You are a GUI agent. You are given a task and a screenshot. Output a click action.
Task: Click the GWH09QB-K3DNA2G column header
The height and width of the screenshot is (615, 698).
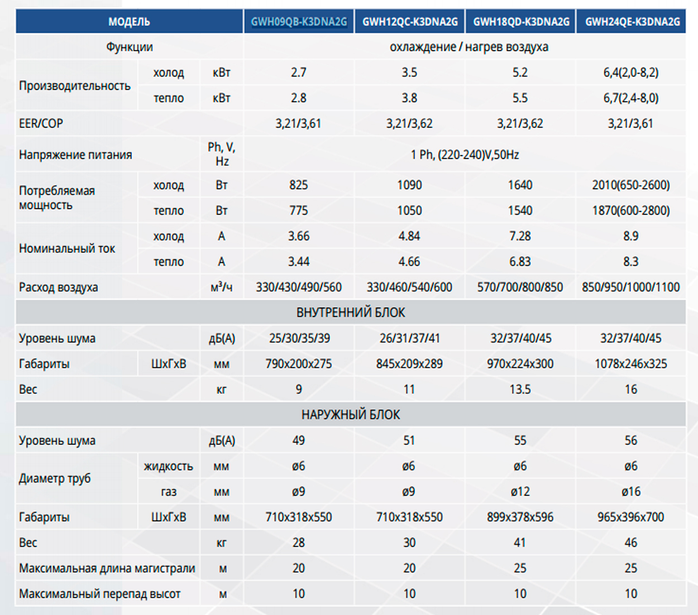point(299,22)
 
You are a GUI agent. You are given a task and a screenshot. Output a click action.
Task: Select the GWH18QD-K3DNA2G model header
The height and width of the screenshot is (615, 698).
point(521,22)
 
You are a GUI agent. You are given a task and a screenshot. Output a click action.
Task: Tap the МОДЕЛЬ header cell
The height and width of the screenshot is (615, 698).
point(129,22)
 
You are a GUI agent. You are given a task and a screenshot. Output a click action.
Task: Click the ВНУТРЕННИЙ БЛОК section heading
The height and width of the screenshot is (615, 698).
point(351,313)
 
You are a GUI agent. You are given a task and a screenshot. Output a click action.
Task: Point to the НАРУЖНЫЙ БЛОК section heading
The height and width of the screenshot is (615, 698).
point(351,415)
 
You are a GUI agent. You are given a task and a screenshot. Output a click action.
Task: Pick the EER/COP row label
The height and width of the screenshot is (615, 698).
point(41,123)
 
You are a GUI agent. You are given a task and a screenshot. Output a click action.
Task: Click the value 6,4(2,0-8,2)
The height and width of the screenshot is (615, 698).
point(630,73)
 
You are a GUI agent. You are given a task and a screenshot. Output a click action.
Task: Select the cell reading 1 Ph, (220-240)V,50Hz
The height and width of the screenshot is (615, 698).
point(465,155)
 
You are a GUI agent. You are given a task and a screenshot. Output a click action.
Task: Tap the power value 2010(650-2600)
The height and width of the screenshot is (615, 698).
point(630,185)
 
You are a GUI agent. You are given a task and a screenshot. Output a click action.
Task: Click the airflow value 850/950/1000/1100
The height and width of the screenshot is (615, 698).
point(630,287)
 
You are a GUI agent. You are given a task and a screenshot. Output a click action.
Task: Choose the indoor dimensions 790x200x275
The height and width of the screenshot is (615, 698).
point(299,364)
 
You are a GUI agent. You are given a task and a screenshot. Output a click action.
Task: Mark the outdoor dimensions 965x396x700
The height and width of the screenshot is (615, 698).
point(630,517)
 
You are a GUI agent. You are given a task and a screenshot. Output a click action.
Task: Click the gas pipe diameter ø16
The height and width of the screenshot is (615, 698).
point(630,492)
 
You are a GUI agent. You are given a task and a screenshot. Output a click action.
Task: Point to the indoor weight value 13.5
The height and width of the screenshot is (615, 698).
point(520,390)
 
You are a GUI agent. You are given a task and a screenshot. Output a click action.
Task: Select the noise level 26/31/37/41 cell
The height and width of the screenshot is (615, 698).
point(409,338)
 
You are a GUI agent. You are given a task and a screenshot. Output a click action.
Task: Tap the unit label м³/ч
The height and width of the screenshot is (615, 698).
point(222,287)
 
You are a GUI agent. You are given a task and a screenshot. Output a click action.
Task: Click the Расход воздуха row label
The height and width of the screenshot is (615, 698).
point(59,287)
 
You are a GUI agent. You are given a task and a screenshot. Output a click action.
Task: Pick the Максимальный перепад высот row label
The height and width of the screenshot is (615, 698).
point(100,594)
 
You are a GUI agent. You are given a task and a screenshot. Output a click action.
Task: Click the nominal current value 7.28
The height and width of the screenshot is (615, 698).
point(520,236)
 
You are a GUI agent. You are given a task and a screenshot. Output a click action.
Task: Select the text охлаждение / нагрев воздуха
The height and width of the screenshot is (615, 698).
point(468,47)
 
